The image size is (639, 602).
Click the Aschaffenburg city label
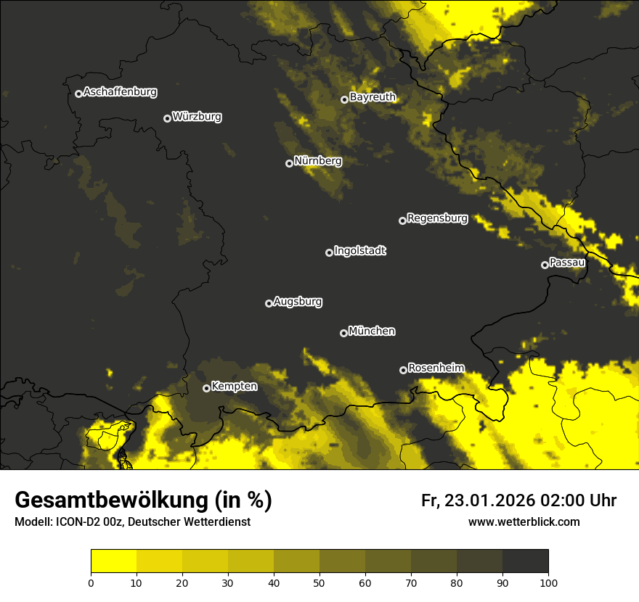[x=120, y=92]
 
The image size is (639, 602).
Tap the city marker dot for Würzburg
[x=167, y=118]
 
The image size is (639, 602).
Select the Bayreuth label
[x=373, y=96]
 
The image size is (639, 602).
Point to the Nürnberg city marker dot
[x=289, y=163]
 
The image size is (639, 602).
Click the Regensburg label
[x=437, y=218]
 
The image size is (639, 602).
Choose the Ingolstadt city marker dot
[x=329, y=252]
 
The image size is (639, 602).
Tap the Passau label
[x=567, y=262]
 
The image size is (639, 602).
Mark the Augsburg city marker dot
[x=269, y=303]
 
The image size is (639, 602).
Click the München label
[x=372, y=331]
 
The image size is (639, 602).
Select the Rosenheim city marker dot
[x=403, y=370]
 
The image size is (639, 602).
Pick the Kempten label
[x=234, y=386]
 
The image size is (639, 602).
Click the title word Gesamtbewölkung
[x=113, y=500]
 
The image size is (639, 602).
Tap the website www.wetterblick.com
[x=524, y=521]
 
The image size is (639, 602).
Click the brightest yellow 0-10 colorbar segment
[x=113, y=561]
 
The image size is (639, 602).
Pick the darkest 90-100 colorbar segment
[x=525, y=561]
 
